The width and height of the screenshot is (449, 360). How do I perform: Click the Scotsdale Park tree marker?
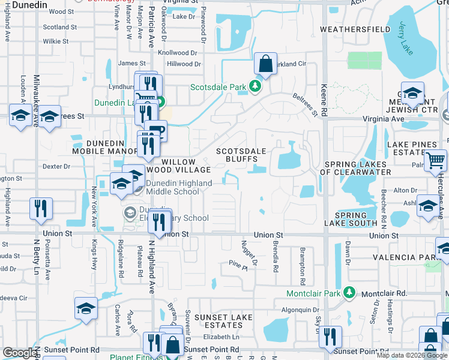pos(256,87)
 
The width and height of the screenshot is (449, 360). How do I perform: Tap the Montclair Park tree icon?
pos(349,293)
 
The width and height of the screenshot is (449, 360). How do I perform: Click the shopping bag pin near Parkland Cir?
pos(265,64)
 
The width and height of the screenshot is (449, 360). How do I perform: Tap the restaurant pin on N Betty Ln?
pos(40,208)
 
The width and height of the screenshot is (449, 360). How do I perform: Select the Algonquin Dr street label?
pos(303,310)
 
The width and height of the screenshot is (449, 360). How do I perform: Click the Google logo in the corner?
pos(20,352)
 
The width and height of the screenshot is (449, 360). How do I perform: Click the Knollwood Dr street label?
pos(177,53)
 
